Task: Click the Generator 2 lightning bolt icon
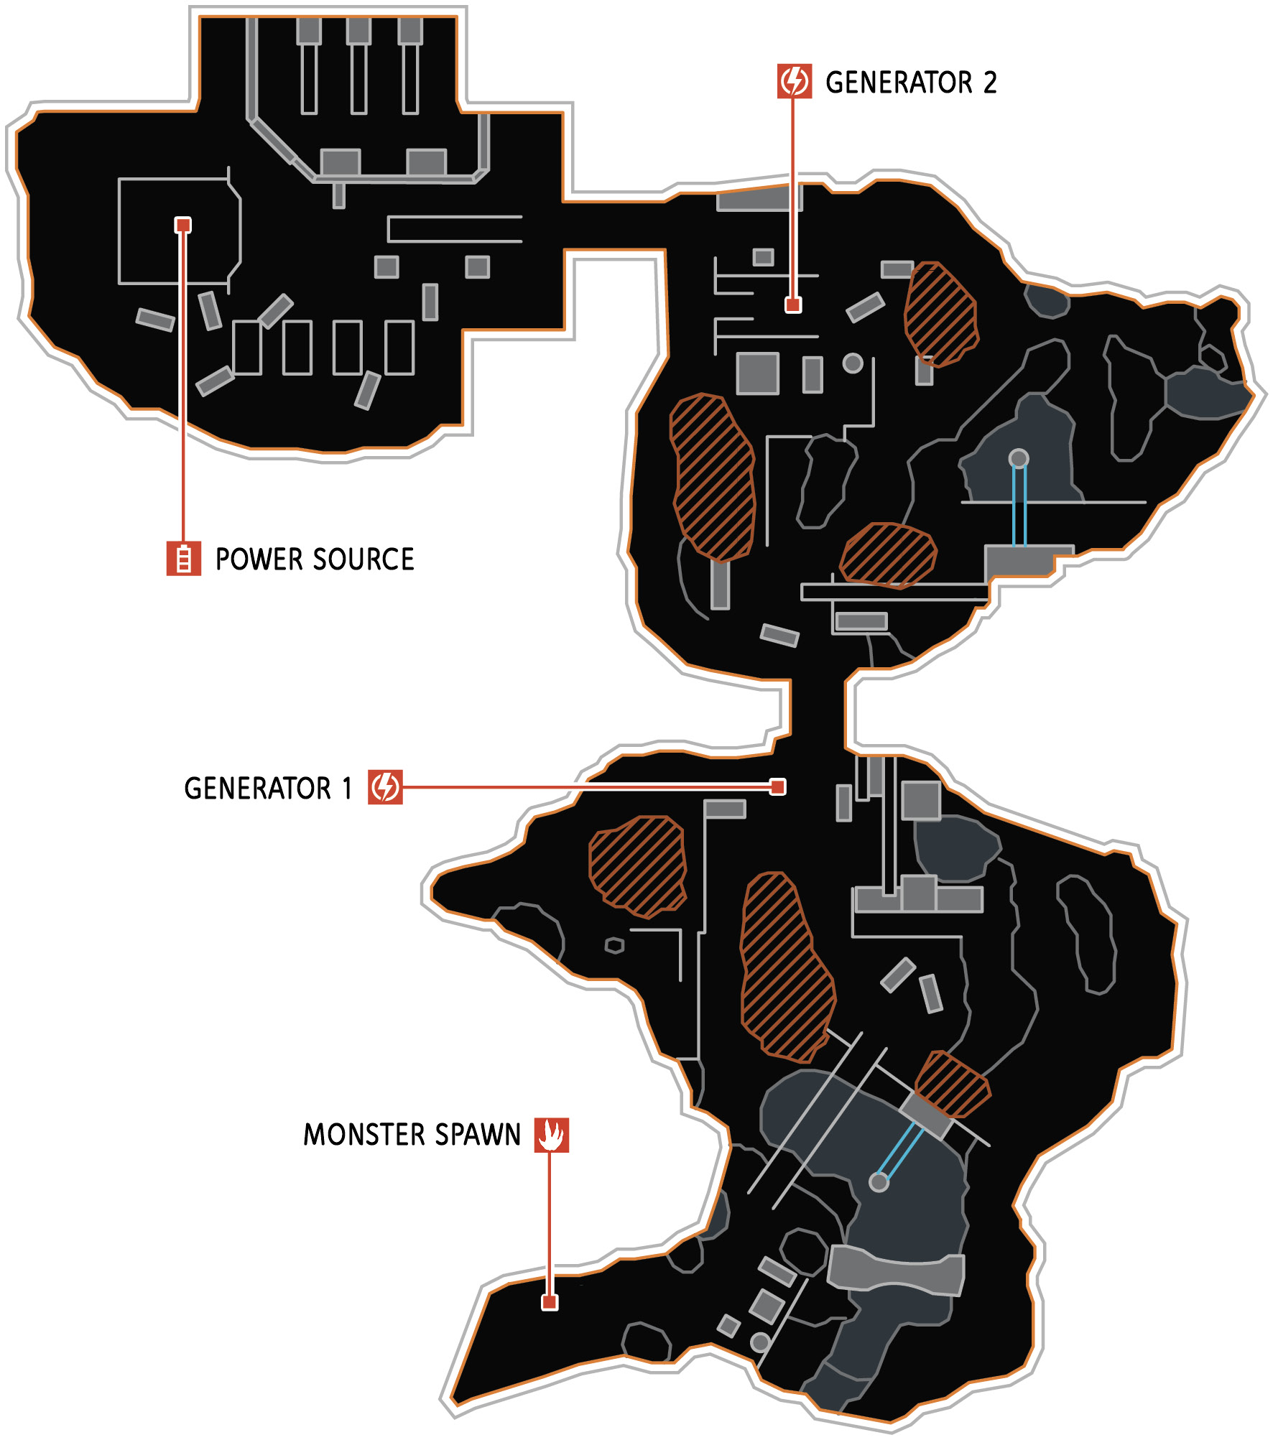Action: coord(794,81)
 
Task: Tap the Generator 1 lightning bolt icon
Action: coord(385,787)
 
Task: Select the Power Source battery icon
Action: coord(184,558)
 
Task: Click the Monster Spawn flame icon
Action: coord(551,1135)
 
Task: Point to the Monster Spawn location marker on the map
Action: coord(550,1302)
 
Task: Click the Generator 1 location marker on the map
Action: coord(777,787)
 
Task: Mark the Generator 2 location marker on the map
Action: coord(793,305)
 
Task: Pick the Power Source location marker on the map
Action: coord(183,226)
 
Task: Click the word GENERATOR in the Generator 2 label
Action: coord(899,83)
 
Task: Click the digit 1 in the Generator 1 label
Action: coord(348,789)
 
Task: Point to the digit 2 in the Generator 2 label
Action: coord(990,83)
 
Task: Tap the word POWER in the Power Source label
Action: coord(259,559)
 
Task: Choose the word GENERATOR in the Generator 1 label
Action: coord(258,789)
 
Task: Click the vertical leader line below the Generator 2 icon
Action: coord(793,198)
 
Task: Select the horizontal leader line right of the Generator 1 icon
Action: coord(586,787)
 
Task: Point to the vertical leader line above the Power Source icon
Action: coord(183,387)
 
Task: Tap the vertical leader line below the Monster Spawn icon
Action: coord(550,1223)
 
